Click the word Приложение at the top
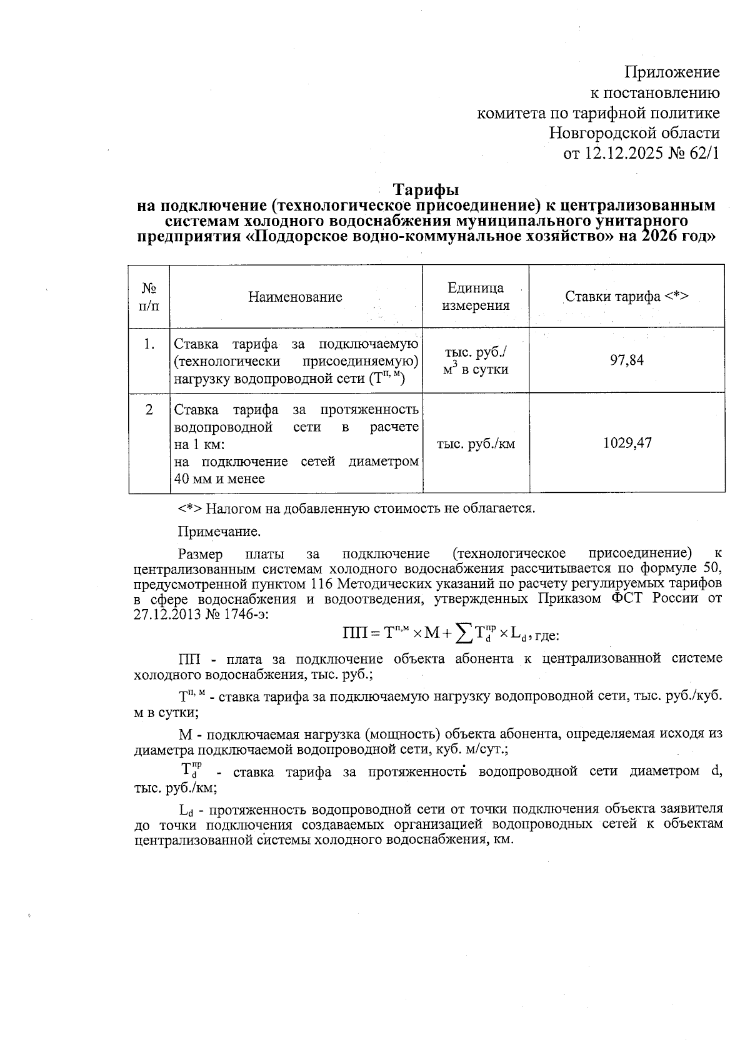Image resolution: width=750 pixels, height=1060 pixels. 672,72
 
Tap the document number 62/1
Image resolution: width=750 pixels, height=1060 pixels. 701,153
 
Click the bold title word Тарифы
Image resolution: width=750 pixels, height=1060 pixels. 426,189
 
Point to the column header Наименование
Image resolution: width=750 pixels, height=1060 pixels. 295,297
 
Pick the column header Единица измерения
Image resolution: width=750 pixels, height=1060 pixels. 476,297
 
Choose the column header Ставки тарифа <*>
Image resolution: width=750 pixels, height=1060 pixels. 626,297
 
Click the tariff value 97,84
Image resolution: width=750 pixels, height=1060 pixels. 627,360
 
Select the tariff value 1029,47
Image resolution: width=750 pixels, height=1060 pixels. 627,443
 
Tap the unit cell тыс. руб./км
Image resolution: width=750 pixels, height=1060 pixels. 476,444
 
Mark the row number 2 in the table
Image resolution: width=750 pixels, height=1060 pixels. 149,410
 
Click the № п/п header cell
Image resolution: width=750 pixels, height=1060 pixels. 149,297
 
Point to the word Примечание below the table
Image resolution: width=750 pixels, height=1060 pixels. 219,532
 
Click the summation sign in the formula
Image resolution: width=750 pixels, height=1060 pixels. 463,634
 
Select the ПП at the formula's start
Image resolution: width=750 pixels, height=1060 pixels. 353,634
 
